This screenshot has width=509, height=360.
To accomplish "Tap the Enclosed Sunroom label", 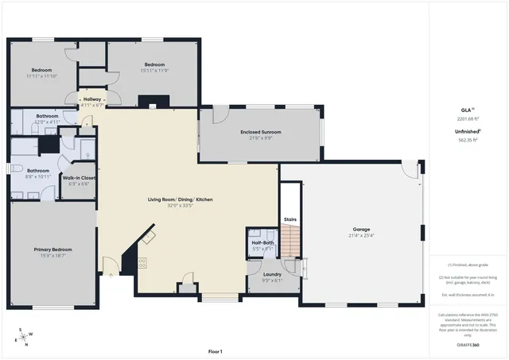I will tap(261, 132).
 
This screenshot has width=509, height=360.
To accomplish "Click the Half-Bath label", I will tap(262, 242).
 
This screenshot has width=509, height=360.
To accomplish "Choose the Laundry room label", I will tap(272, 273).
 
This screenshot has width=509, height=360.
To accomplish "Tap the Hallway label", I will tap(92, 99).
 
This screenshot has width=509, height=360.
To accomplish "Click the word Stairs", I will tap(290, 219).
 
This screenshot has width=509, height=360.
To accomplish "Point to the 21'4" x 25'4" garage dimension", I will tap(361, 235).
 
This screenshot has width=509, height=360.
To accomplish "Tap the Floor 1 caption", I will tap(215, 350).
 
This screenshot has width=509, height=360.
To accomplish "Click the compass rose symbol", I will tap(26, 335).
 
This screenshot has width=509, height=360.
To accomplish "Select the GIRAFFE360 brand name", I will tap(468, 346).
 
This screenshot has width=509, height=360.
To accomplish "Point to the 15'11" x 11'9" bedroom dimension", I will tap(154, 71).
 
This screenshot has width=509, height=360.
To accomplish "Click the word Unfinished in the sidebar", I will tap(467, 132).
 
